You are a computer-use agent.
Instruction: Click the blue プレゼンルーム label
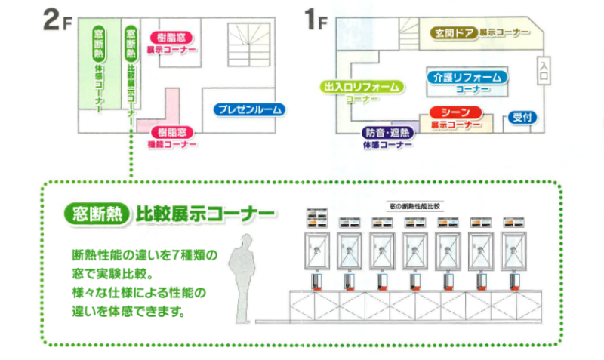coord(249,109)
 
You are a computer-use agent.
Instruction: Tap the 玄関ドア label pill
coord(453,33)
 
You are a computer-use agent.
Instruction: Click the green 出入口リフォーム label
coord(361,87)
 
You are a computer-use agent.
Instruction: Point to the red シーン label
coord(455,112)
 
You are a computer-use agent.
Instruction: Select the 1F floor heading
coord(315,20)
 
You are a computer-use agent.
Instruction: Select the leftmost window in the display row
coord(318,251)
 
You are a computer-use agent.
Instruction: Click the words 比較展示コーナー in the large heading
coord(204,214)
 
